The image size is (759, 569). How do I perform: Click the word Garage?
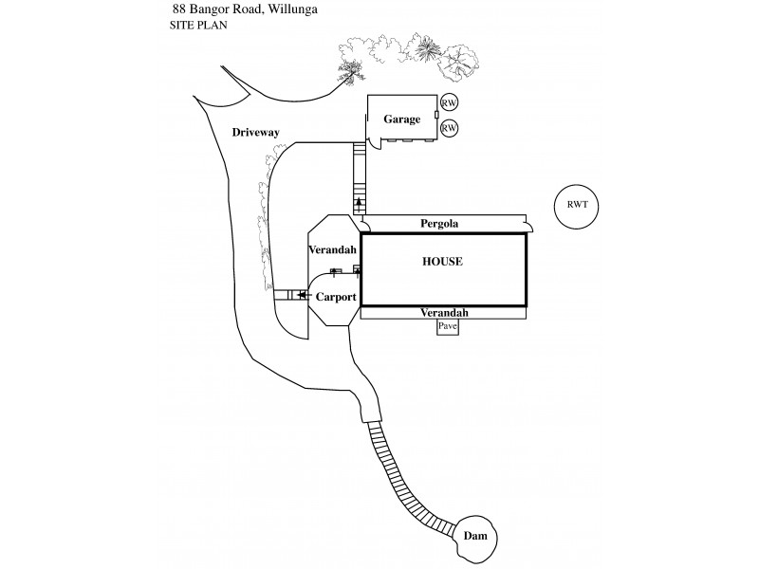(401, 119)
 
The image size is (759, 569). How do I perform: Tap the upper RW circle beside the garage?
(450, 103)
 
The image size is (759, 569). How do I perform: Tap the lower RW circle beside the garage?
(450, 127)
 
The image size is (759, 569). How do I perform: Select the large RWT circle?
(577, 206)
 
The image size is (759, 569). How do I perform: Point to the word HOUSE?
(442, 261)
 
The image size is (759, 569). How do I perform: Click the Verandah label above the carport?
(332, 249)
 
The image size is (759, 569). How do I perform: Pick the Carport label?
(336, 297)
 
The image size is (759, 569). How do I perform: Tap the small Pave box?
(448, 326)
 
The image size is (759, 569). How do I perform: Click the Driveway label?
(255, 133)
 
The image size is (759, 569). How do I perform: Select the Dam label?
(474, 537)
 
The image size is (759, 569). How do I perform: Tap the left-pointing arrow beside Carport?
(304, 296)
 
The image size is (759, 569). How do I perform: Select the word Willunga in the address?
(289, 9)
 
